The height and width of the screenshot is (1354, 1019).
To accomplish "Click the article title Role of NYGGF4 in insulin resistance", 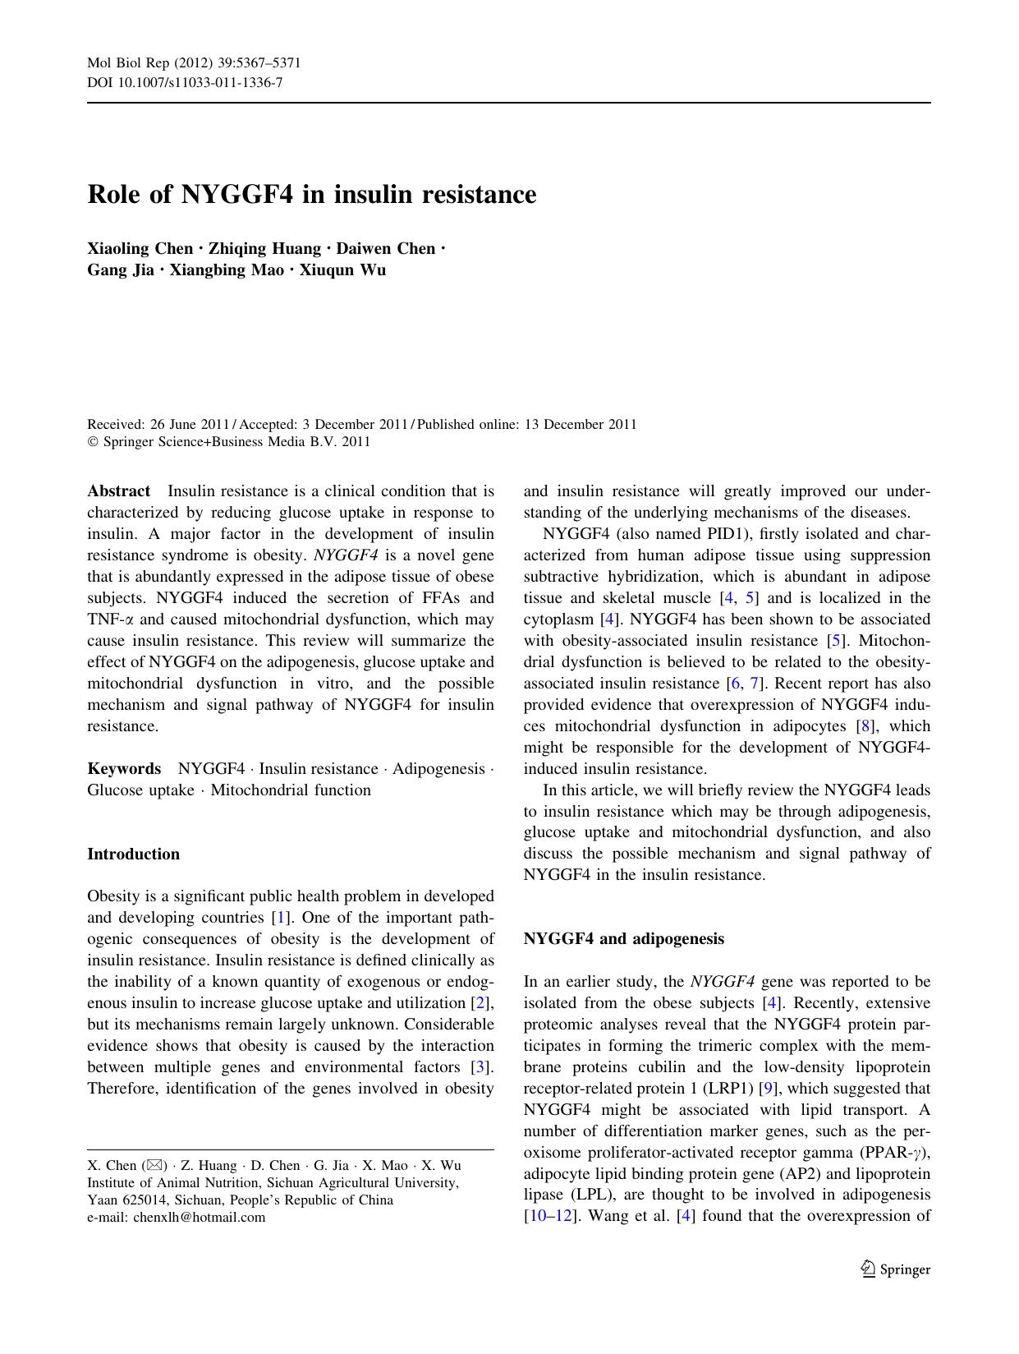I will [311, 195].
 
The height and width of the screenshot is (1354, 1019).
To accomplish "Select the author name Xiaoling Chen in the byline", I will [140, 249].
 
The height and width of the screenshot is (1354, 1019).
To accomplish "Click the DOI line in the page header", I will [185, 82].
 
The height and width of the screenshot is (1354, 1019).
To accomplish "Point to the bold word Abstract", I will [118, 491].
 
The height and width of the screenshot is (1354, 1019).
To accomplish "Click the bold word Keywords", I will [124, 769].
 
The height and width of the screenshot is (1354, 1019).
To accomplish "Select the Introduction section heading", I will [133, 854].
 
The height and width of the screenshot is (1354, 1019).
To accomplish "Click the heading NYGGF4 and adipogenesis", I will [623, 939].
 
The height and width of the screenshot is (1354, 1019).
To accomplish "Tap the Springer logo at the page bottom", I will [895, 1269].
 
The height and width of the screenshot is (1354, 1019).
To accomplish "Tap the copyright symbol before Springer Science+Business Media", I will [92, 442].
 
